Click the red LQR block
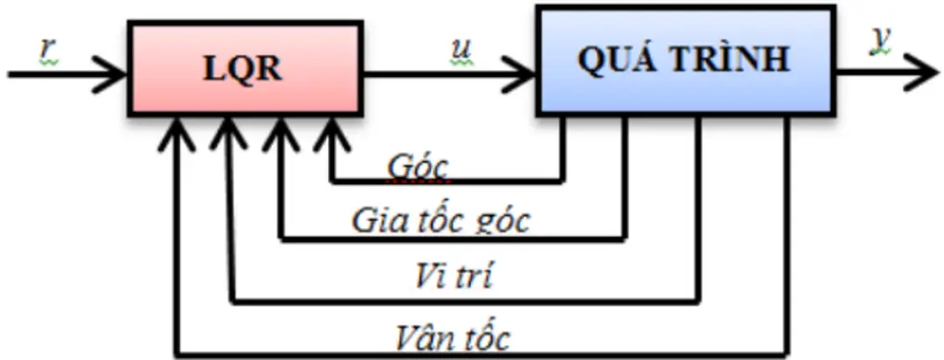pyautogui.click(x=244, y=68)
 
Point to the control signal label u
pyautogui.click(x=458, y=51)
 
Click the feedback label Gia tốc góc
pyautogui.click(x=441, y=220)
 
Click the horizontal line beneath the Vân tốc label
pyautogui.click(x=481, y=354)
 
